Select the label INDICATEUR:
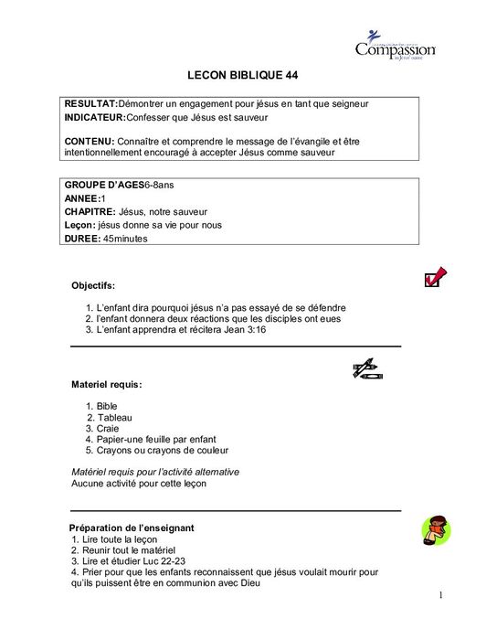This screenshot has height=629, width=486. pyautogui.click(x=99, y=119)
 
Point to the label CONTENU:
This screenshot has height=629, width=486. pyautogui.click(x=90, y=141)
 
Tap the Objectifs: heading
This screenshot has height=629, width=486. pyautogui.click(x=93, y=285)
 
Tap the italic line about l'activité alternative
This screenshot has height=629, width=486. pyautogui.click(x=155, y=472)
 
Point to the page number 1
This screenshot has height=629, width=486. pyautogui.click(x=440, y=596)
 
